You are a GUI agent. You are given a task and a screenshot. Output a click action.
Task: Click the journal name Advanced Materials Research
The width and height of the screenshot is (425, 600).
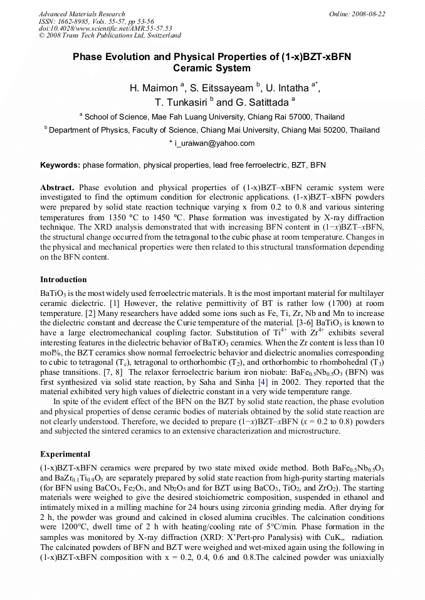pos(81,14)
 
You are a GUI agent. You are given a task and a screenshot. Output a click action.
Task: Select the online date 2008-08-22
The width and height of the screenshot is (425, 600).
pos(370,14)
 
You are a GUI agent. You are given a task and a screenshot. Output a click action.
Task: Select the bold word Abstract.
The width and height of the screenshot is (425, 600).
pos(57,187)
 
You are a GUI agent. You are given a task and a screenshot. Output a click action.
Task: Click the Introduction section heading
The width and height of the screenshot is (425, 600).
pos(63,280)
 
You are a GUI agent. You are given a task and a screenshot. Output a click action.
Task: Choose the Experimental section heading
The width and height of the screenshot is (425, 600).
pos(65,454)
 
